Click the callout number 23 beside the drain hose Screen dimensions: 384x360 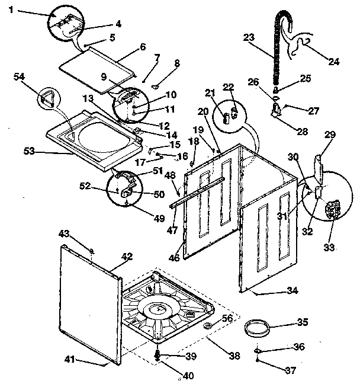tap(249, 37)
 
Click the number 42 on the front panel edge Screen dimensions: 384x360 tap(127, 257)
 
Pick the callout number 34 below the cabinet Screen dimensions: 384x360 tap(292, 290)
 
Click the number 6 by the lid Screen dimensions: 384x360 tap(142, 47)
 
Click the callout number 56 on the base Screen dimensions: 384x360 tap(227, 318)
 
